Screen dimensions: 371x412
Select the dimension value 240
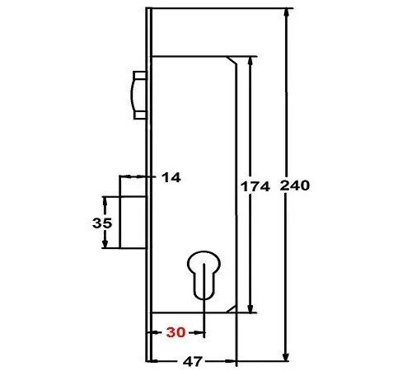[x=294, y=186]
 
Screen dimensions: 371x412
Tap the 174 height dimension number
[x=255, y=186]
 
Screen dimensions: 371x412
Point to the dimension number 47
[x=193, y=361]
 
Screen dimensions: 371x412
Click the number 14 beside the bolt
[x=171, y=176]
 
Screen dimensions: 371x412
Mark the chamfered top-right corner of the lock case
[x=234, y=60]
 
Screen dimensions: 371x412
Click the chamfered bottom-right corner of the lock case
[x=234, y=308]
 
